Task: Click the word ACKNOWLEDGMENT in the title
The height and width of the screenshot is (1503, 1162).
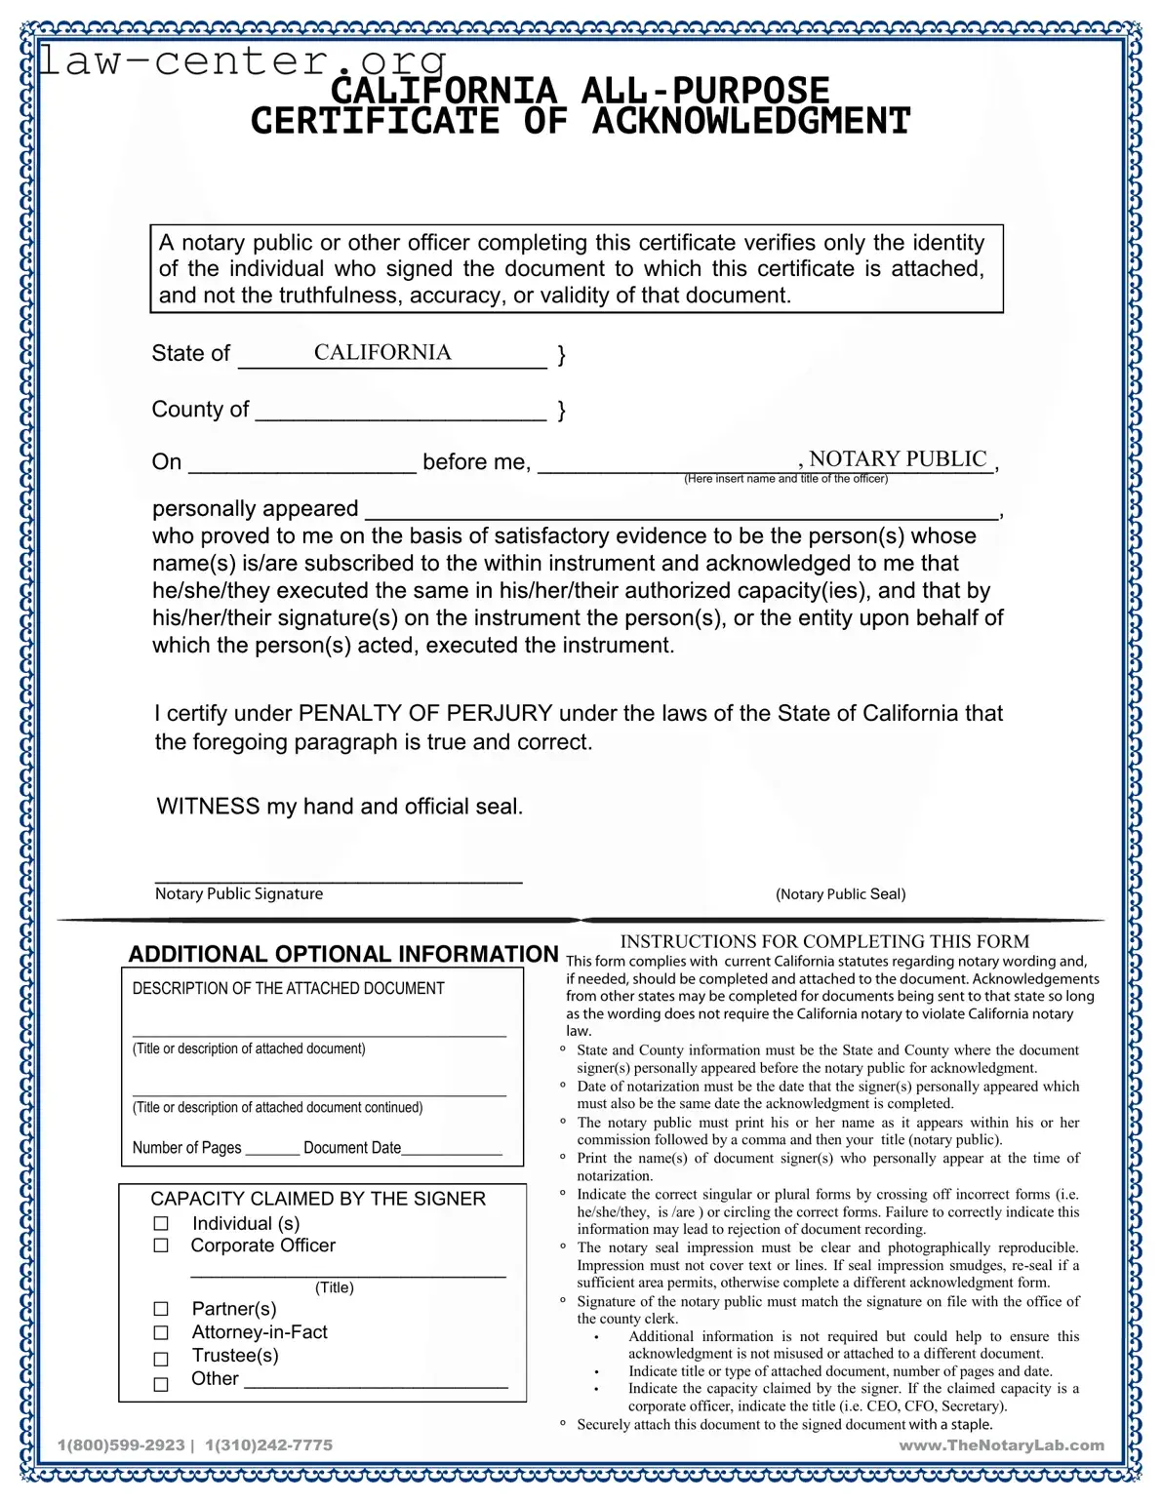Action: point(750,122)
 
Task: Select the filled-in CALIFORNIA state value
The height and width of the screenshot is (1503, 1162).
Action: point(382,352)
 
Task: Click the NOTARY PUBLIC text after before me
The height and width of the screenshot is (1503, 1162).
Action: point(898,459)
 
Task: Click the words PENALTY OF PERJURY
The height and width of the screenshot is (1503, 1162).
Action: point(425,713)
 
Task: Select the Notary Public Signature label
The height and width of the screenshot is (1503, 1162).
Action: point(239,893)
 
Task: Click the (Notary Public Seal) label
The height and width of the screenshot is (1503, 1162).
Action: point(840,894)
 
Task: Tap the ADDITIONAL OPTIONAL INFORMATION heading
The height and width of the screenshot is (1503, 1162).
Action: point(343,954)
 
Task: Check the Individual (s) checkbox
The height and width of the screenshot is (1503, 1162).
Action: point(161,1224)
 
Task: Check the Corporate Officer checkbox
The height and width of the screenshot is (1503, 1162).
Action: point(161,1246)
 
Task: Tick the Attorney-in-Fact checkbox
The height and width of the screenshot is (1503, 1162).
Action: point(161,1333)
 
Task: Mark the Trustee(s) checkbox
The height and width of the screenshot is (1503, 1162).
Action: point(161,1359)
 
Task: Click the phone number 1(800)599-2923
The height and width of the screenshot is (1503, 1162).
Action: point(121,1444)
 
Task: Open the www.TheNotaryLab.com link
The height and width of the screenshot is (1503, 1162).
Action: point(1001,1444)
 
